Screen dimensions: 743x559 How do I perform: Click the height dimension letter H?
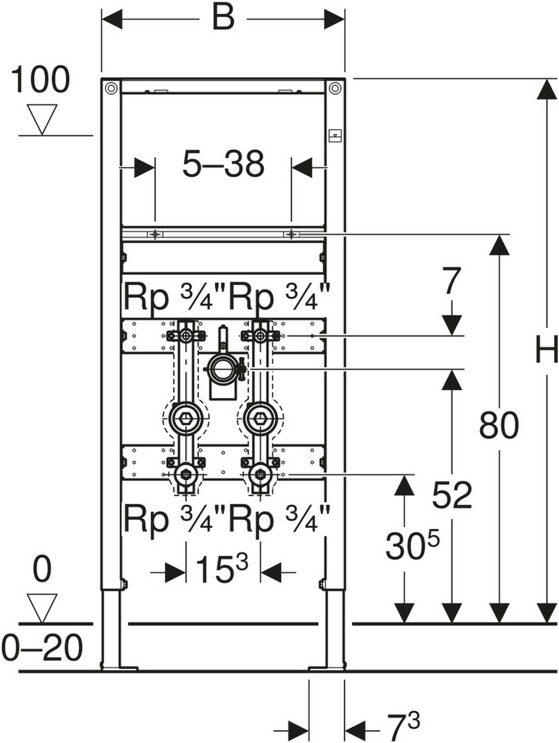point(545,350)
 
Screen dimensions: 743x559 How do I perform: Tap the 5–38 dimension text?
point(223,164)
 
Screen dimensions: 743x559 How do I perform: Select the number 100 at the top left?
point(40,80)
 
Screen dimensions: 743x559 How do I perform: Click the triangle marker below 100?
point(42,118)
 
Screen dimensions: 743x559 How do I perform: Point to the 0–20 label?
point(42,647)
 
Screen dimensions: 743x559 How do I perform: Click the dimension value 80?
point(498,425)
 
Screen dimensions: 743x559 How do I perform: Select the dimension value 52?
point(452,495)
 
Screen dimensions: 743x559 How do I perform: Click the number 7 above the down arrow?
point(450,282)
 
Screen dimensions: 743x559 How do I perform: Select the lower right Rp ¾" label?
point(279,520)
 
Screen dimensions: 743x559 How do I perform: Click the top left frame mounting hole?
point(111,88)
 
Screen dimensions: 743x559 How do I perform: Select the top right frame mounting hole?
point(334,88)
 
